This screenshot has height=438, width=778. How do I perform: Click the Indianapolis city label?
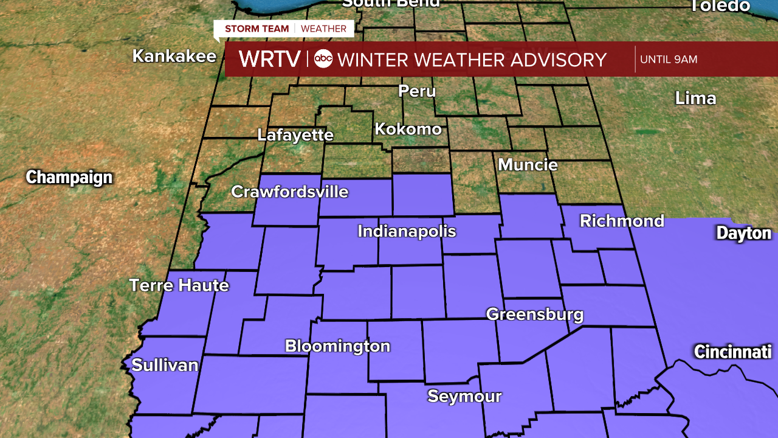[407, 231]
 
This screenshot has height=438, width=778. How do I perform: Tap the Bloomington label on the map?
[337, 346]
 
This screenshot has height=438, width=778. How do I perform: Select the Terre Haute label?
[179, 285]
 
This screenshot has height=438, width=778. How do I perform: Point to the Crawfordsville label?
[290, 192]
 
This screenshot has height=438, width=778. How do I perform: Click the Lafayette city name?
[295, 134]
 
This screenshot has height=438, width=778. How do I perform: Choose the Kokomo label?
[408, 129]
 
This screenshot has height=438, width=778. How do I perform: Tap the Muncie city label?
[528, 164]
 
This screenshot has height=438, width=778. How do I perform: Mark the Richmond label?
[622, 221]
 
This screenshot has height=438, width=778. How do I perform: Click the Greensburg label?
[535, 315]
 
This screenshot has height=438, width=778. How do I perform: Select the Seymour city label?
[464, 397]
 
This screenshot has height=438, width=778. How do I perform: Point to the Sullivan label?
[165, 365]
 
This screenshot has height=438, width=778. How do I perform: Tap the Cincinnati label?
[732, 352]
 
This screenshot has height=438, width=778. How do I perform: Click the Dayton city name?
[743, 233]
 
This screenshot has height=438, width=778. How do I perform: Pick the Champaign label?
[69, 178]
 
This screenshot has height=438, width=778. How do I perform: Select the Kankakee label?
[174, 56]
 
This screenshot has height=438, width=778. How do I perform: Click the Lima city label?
[695, 98]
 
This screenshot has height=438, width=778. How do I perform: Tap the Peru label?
[417, 91]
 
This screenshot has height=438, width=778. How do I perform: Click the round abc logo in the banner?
[323, 59]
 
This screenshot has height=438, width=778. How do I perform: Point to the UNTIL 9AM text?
[669, 60]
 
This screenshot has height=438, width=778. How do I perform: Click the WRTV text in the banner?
[269, 60]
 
